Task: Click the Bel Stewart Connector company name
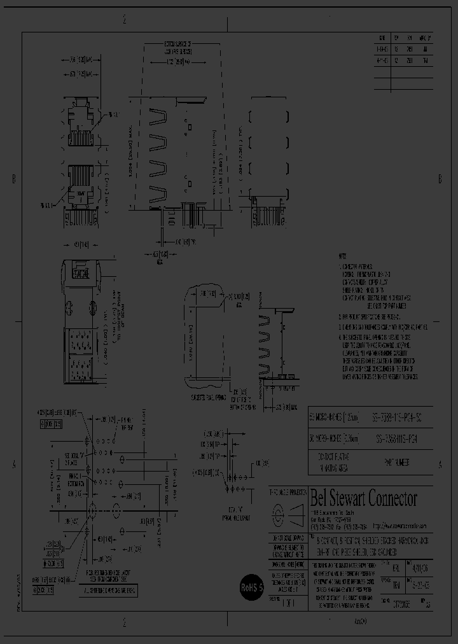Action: tap(363, 498)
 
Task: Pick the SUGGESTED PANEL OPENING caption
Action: tap(208, 396)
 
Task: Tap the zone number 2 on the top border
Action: tap(125, 20)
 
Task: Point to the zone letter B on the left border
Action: tap(14, 180)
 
